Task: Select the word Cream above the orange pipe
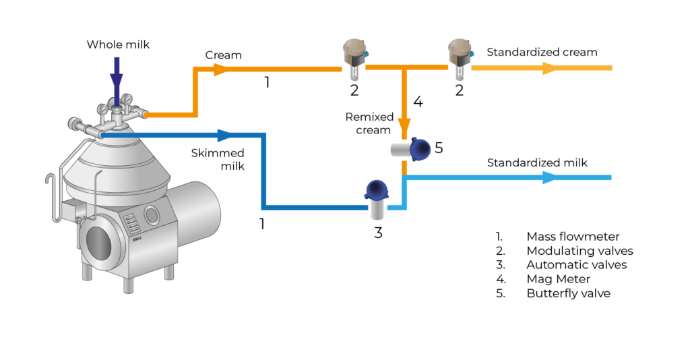click(222, 55)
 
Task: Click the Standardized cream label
click(542, 52)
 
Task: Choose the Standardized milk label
click(537, 162)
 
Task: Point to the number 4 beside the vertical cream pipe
click(418, 103)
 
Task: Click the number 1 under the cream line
click(267, 83)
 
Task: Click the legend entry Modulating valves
click(579, 251)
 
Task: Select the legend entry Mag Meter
click(558, 279)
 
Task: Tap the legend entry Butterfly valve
click(568, 293)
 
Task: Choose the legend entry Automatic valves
click(576, 265)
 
